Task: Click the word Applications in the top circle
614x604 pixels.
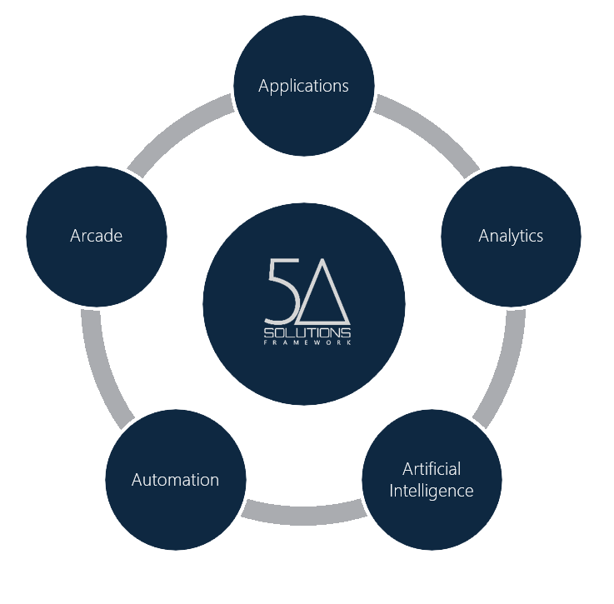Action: pos(303,86)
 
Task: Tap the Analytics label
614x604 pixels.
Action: pos(511,236)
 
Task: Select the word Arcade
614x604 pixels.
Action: pos(96,236)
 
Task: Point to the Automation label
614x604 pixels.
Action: pos(175,480)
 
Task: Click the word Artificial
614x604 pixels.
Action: pos(432,468)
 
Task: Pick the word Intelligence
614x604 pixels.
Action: pos(432,490)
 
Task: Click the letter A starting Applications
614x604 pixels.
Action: pos(263,86)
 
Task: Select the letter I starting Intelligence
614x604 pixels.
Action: pos(392,490)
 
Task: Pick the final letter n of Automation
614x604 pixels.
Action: pos(214,480)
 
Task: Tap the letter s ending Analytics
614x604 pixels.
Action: pos(539,237)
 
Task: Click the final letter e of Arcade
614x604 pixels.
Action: pos(117,237)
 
